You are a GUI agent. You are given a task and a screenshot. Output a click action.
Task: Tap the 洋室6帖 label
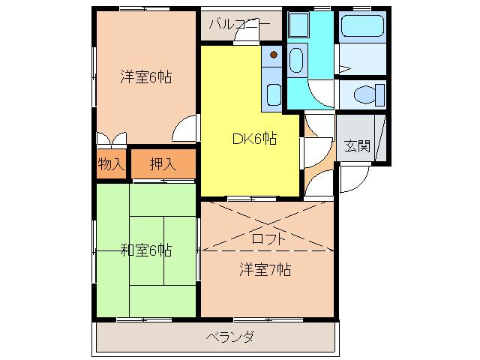click(145, 76)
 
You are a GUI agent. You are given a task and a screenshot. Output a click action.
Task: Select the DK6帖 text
click(253, 138)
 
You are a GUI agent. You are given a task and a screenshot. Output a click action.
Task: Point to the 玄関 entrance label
click(358, 146)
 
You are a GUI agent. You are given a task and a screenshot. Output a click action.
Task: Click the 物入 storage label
click(111, 164)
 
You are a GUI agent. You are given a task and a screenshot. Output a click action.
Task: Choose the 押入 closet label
click(163, 164)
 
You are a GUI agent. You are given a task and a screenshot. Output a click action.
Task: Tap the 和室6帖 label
click(145, 250)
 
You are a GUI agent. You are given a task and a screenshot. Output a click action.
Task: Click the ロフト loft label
click(267, 239)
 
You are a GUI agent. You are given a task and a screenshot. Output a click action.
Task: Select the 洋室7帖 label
click(265, 269)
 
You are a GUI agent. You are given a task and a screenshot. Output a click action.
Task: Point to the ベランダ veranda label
click(229, 337)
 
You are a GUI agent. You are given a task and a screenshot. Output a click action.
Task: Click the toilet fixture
click(364, 95)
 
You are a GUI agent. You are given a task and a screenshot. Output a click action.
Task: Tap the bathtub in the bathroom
click(362, 29)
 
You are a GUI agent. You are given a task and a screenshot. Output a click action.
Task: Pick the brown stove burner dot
click(274, 54)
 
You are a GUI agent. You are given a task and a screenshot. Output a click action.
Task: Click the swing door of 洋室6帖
click(184, 129)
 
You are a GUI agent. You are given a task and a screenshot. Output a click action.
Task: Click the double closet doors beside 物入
click(111, 139)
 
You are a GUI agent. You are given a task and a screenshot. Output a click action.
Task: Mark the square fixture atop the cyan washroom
click(299, 25)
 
